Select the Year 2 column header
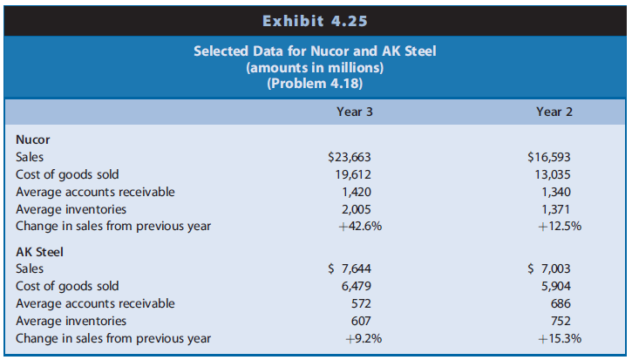554,112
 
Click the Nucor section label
33,139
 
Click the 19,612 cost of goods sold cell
353,174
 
